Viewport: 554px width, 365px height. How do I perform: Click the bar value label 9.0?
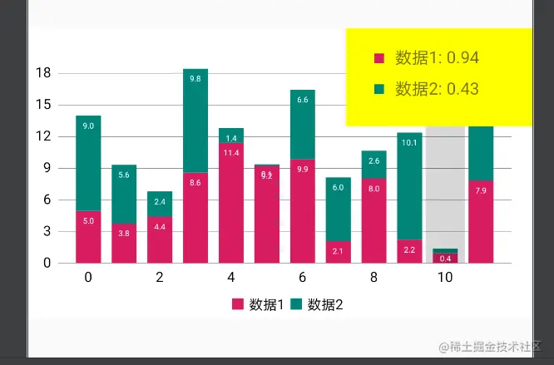88,126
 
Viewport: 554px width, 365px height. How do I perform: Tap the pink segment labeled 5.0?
88,237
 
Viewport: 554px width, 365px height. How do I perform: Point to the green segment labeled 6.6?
303,124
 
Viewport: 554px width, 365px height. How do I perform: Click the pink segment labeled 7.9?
481,221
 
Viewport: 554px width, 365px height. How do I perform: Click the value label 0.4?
445,259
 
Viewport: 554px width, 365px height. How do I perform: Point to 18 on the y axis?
44,73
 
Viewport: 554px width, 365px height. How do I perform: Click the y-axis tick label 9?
47,168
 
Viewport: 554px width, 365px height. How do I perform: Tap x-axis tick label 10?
445,278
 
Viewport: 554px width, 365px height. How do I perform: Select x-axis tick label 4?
231,278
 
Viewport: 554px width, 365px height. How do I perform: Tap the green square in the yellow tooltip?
379,89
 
